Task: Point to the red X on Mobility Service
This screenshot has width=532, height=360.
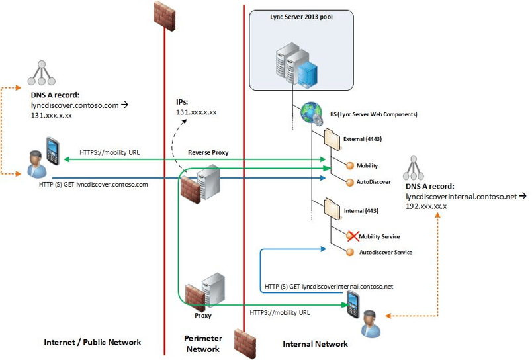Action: pos(351,236)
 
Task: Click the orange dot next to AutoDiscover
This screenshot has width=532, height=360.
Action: pos(351,181)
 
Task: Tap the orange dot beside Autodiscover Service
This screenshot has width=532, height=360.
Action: pos(351,252)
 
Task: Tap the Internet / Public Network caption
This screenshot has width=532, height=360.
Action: pos(92,343)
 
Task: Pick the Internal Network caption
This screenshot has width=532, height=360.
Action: pos(315,344)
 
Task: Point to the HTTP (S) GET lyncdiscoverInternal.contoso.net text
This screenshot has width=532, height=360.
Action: pos(328,286)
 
